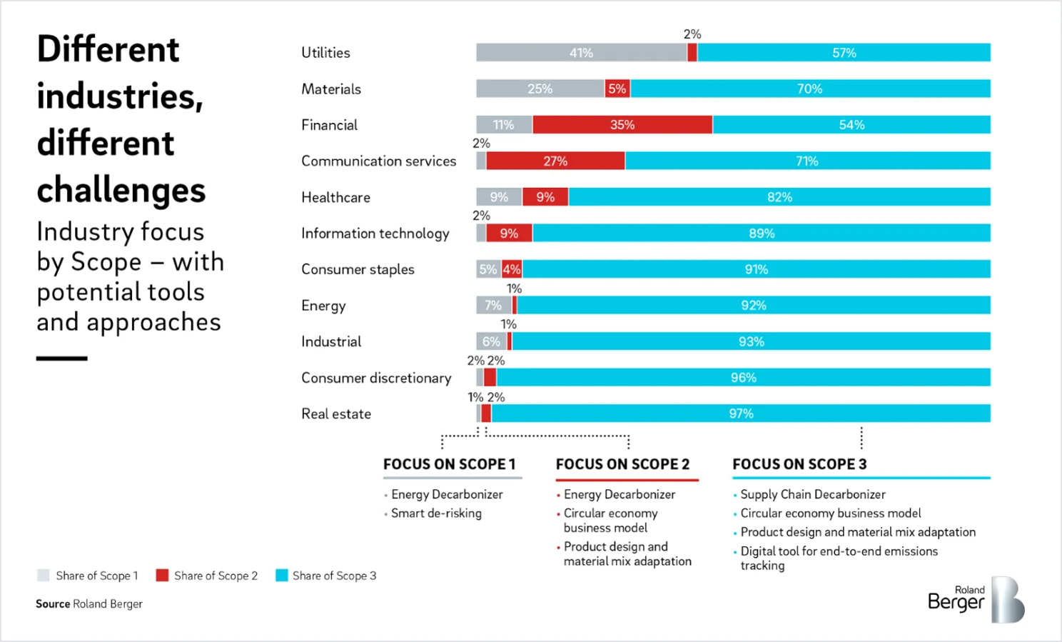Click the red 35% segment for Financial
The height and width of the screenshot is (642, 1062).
point(622,125)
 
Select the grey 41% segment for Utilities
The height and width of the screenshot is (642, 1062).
point(581,53)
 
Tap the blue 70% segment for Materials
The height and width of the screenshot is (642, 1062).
point(810,89)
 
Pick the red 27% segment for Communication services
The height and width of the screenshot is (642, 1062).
point(555,161)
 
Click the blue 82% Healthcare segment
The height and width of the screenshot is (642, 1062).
point(779,197)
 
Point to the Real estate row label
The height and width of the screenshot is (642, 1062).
point(336,414)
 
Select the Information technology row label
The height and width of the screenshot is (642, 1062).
point(375,234)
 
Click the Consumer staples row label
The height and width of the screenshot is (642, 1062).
point(358,269)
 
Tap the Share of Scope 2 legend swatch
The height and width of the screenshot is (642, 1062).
point(162,576)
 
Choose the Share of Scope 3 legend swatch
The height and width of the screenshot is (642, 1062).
point(281,576)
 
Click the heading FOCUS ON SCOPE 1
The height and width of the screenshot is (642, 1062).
point(449,464)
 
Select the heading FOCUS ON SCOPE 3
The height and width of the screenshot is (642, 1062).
point(799,464)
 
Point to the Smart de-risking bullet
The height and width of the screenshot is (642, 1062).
point(436,513)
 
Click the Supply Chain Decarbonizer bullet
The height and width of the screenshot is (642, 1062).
point(813,494)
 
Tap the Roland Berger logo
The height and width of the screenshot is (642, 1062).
point(976,600)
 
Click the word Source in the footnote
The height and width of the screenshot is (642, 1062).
point(53,604)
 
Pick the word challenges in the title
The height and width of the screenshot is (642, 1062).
point(121,191)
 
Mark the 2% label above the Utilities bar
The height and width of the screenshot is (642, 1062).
point(692,34)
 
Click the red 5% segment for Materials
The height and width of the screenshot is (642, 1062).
point(617,89)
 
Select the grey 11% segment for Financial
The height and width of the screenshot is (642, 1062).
point(504,125)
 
